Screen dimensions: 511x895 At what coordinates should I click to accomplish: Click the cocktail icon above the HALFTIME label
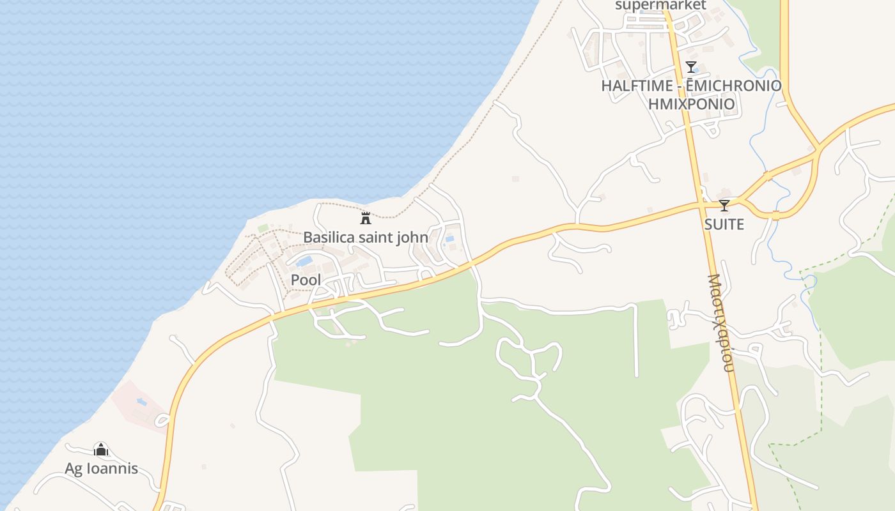tap(690, 66)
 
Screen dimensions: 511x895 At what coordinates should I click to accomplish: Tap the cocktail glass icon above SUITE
tap(724, 205)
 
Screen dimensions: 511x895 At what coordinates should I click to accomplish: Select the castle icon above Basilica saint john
tap(366, 218)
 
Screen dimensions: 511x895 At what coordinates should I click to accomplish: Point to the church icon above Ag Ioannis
tap(101, 449)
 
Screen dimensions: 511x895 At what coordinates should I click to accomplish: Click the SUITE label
tap(724, 224)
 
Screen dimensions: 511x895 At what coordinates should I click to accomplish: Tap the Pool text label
tap(306, 280)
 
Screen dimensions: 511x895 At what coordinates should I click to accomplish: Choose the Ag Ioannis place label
tap(101, 468)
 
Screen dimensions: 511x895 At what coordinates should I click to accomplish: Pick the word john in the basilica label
tap(412, 237)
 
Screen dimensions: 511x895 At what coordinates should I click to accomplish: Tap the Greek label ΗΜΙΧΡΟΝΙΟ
tap(691, 103)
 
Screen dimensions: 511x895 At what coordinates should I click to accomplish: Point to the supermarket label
tap(660, 6)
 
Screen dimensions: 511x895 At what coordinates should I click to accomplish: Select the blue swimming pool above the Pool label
tap(304, 261)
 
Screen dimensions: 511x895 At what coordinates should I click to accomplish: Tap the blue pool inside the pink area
tap(141, 402)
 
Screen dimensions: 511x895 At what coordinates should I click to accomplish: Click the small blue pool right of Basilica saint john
tap(450, 239)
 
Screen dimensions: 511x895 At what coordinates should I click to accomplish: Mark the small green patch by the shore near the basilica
tap(263, 227)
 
